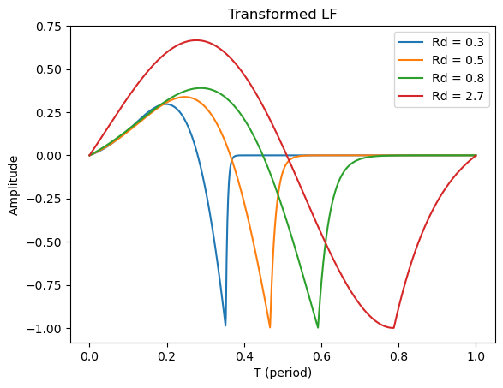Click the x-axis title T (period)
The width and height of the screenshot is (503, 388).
282,373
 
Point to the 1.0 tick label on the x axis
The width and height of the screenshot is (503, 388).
476,355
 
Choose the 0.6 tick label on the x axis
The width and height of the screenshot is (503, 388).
321,355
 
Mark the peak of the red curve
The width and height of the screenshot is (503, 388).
196,40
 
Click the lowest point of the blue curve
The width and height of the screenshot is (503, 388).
225,326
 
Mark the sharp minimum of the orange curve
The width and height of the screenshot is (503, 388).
270,328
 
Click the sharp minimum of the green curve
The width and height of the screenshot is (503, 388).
318,328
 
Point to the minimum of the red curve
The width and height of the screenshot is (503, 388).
392,328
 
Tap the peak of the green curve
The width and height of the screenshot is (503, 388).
201,88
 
